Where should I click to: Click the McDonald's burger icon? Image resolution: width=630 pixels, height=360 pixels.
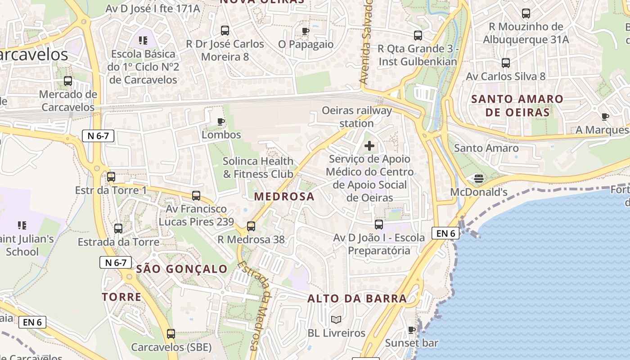click(479, 179)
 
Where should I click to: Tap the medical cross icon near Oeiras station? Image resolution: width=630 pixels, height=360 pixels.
click(369, 146)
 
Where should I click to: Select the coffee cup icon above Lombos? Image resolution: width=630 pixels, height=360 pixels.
click(221, 121)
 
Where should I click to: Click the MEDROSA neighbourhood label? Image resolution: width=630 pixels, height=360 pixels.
click(284, 197)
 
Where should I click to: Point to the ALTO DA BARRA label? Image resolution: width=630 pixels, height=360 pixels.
click(357, 298)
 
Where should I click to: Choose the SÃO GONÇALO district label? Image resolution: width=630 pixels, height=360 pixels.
click(182, 269)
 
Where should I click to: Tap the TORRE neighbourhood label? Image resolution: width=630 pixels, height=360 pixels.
click(121, 297)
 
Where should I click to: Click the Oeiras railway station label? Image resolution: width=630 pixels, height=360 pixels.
click(356, 117)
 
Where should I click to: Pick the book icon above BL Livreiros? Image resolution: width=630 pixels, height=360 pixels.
click(336, 319)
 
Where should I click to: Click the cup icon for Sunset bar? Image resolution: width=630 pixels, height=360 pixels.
click(411, 330)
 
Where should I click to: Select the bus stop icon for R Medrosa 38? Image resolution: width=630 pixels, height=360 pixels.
click(251, 226)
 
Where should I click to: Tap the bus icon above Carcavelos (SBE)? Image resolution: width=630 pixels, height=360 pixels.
click(171, 334)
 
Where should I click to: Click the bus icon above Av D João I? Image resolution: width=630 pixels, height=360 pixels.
click(379, 224)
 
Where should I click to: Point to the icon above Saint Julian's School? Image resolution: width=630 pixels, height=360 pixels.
click(22, 225)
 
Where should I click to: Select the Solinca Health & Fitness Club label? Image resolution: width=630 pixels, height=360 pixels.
click(258, 167)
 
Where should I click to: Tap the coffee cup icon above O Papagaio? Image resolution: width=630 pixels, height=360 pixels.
click(306, 31)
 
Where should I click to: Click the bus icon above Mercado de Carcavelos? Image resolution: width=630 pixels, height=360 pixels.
click(68, 81)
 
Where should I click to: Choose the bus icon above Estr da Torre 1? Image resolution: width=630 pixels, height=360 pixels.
click(111, 177)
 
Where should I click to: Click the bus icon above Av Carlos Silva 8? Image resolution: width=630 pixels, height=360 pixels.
click(506, 63)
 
